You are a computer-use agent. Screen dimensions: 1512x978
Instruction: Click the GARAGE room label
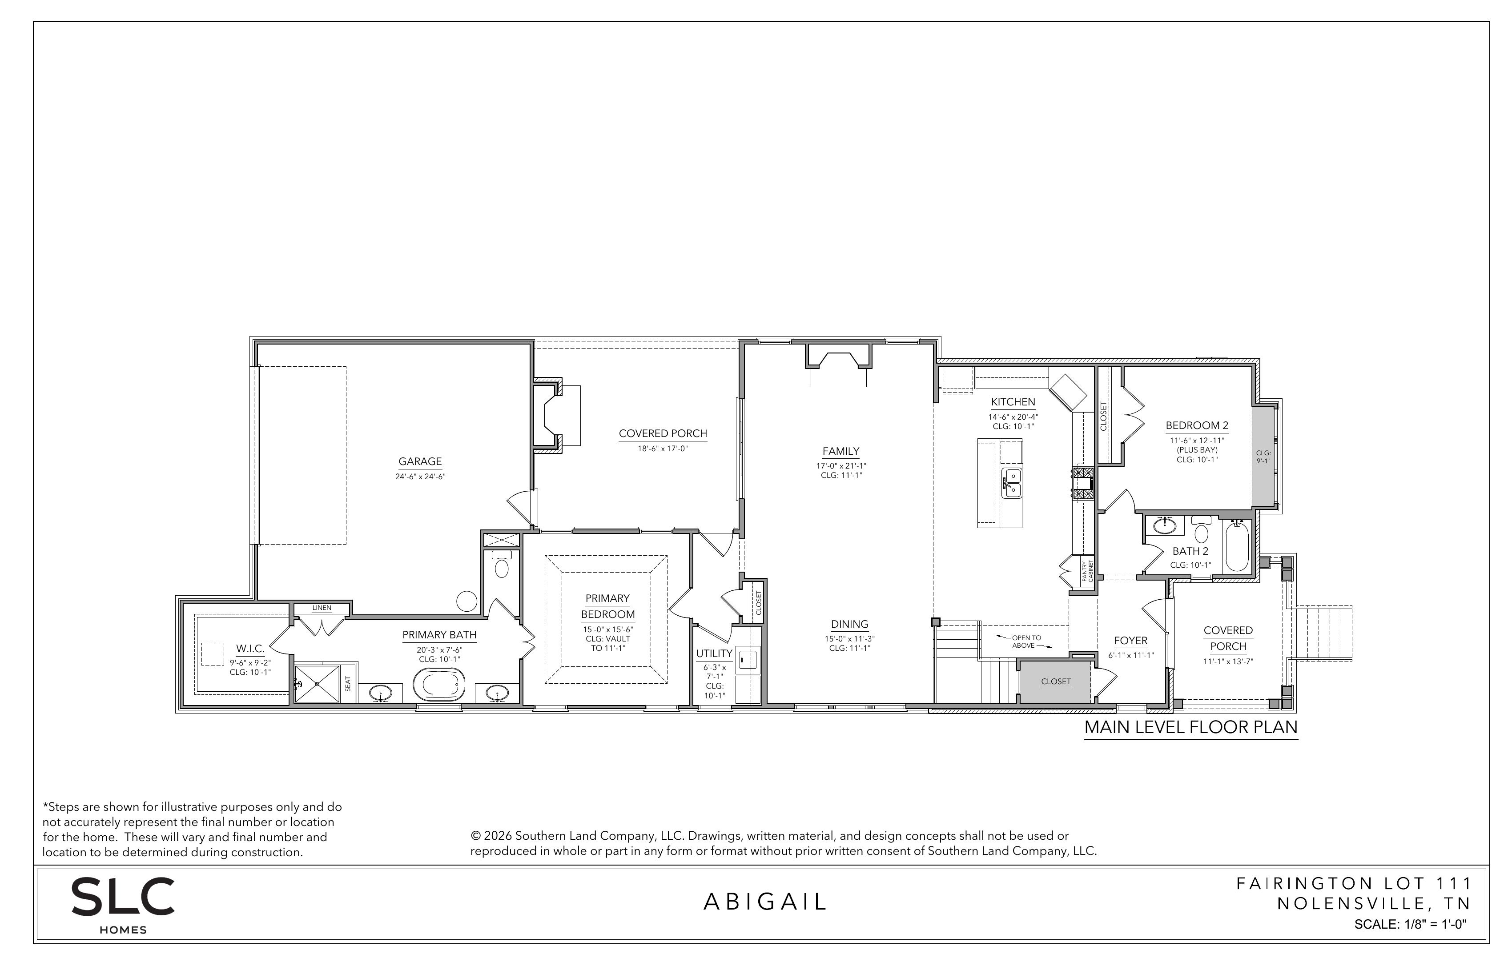pyautogui.click(x=420, y=462)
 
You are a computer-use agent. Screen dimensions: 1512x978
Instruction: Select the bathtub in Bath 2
pyautogui.click(x=1236, y=546)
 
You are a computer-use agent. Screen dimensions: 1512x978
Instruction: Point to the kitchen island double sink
pyautogui.click(x=1012, y=483)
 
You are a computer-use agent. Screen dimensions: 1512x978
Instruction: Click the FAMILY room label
pyautogui.click(x=840, y=452)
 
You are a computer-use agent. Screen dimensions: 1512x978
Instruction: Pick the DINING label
pyautogui.click(x=849, y=624)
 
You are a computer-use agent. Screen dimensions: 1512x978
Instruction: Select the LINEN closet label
pyautogui.click(x=322, y=608)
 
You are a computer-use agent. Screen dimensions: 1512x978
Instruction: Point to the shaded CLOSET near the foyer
pyautogui.click(x=1056, y=681)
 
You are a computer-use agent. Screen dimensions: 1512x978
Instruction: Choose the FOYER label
pyautogui.click(x=1131, y=641)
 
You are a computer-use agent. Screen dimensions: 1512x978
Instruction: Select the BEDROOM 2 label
pyautogui.click(x=1197, y=425)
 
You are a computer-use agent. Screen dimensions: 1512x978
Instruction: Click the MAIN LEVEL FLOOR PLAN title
pyautogui.click(x=1190, y=727)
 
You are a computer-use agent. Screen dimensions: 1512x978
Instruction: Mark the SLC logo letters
pyautogui.click(x=123, y=896)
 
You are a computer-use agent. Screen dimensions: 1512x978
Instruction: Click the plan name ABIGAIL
pyautogui.click(x=765, y=902)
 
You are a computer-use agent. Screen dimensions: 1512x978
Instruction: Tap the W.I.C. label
pyautogui.click(x=250, y=649)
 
